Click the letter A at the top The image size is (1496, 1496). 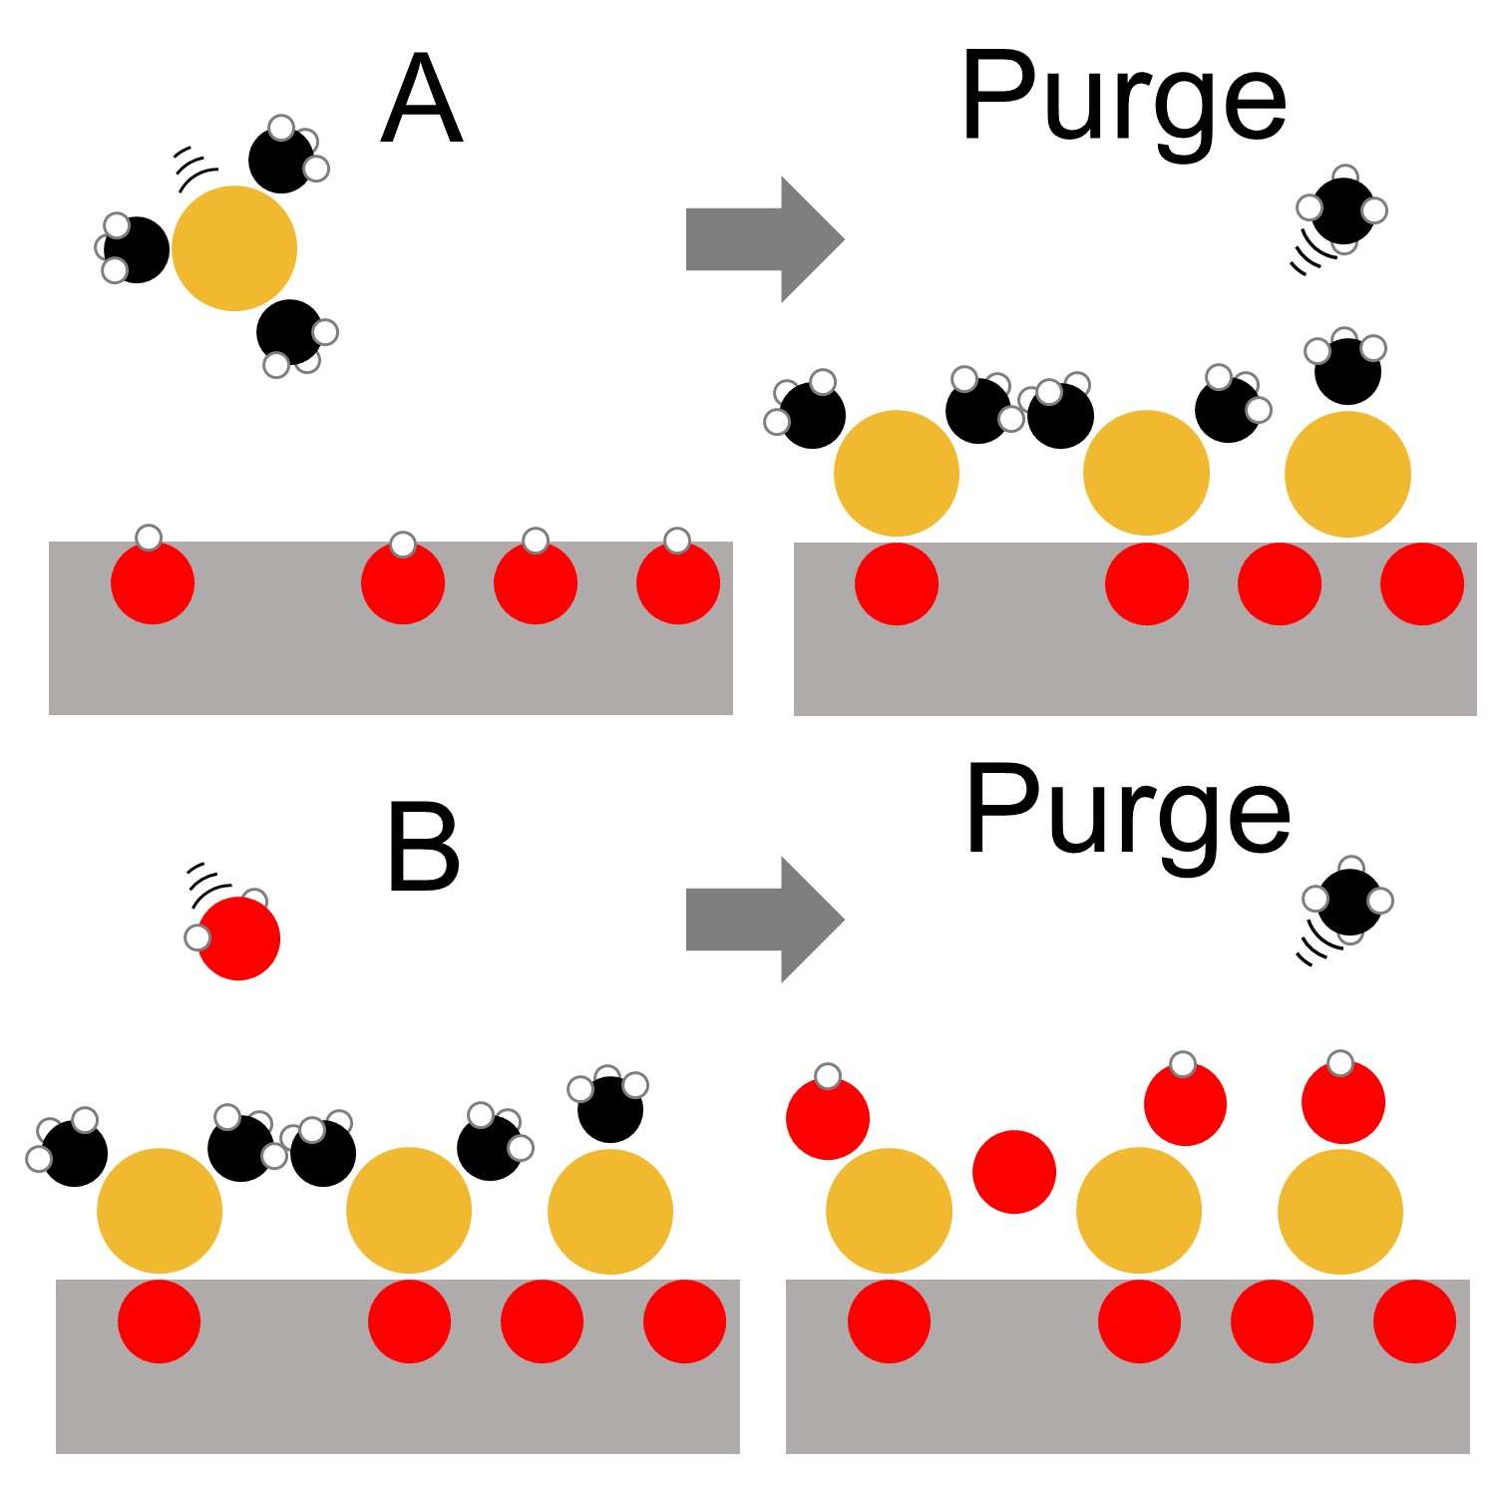pos(422,100)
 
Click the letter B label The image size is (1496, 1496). pos(423,849)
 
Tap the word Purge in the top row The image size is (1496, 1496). pos(1123,100)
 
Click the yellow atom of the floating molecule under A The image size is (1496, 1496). pos(234,248)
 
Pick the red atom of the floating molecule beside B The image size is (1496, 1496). pos(238,937)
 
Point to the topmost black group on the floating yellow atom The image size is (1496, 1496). pos(281,160)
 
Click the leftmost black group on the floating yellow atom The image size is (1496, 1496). pos(137,249)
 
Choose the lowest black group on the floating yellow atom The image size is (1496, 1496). pos(289,332)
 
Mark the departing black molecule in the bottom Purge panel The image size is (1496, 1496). pos(1349,902)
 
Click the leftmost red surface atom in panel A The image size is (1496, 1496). pos(153,583)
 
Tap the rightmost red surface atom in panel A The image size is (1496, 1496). pos(678,583)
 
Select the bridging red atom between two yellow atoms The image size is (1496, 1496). pos(1014,1172)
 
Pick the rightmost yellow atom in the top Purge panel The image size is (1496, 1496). pos(1347,475)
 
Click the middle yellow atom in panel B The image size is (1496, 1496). pos(409,1211)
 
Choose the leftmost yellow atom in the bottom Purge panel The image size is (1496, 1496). pos(889,1211)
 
